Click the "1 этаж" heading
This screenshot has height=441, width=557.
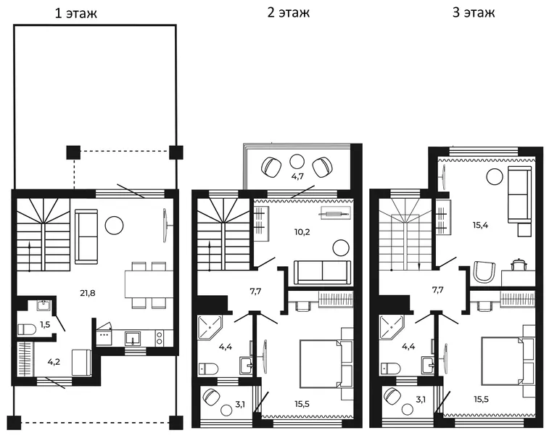[x=76, y=13]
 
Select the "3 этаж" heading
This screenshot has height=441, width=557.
[x=474, y=12]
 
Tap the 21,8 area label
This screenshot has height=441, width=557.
[x=88, y=293]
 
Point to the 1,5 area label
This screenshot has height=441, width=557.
[x=45, y=324]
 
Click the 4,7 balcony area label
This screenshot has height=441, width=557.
[x=297, y=176]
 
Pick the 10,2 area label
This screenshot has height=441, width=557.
[x=302, y=232]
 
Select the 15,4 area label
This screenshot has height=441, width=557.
[x=480, y=225]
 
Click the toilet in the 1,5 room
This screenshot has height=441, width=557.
[x=27, y=329]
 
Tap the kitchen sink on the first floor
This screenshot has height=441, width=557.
[x=133, y=338]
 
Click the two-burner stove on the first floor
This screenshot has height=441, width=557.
[x=159, y=337]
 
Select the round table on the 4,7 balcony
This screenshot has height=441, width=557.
[x=297, y=162]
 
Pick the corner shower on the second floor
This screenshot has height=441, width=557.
[x=210, y=326]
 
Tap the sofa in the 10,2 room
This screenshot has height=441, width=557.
[x=323, y=273]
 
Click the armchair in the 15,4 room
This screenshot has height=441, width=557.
[x=484, y=273]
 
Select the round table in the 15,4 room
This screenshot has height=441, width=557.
[x=495, y=176]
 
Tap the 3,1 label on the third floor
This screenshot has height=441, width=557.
[x=421, y=400]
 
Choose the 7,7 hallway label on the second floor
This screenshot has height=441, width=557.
[x=255, y=292]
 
